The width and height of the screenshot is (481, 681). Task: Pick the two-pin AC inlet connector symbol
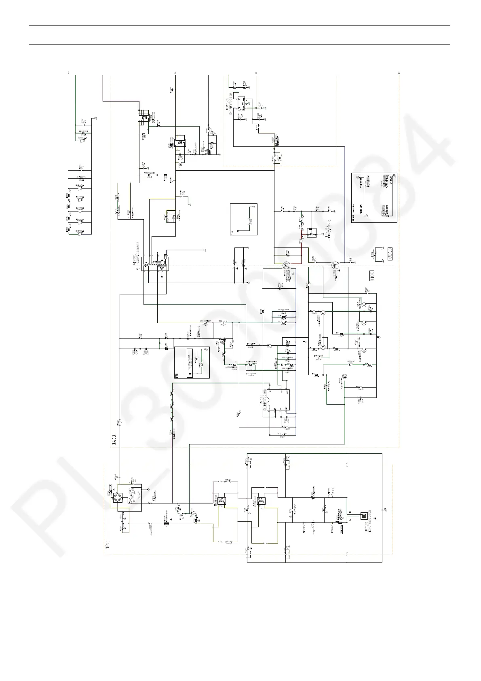(364, 515)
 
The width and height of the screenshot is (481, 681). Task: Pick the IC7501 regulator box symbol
(312, 232)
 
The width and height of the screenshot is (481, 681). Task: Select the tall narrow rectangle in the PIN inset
(190, 362)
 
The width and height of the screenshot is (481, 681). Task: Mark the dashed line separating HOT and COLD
(243, 266)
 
